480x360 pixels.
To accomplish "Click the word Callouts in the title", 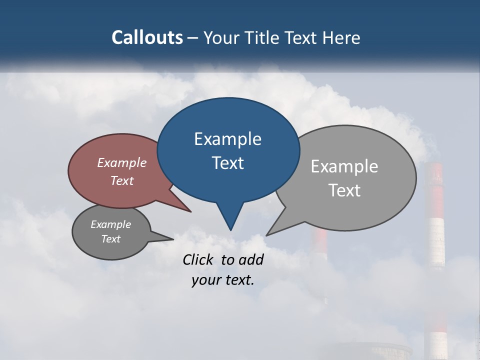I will (147, 37).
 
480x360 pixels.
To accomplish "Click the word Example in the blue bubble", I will (227, 139).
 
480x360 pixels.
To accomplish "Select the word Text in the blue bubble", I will (227, 163).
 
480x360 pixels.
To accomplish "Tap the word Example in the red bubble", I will (121, 162).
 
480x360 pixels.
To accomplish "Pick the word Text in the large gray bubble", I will (345, 190).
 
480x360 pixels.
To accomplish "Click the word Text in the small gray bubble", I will (111, 239).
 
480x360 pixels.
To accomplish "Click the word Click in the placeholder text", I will (198, 259).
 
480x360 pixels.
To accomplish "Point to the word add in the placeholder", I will (251, 259).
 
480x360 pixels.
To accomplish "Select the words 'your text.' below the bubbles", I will (223, 280).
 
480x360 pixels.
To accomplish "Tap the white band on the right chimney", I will (436, 240).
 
